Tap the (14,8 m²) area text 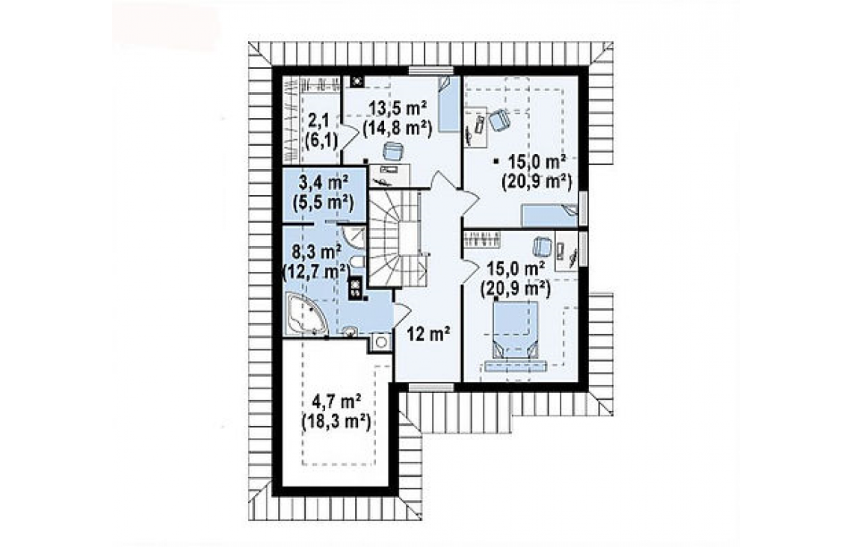coord(397,129)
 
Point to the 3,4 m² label coord(323,182)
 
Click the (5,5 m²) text coord(323,202)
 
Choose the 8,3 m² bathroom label coord(316,251)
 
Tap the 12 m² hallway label coord(429,333)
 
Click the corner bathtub coord(306,314)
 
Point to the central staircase coord(396,238)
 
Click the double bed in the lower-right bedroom coord(515,330)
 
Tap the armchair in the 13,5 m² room coord(393,152)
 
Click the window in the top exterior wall coord(431,69)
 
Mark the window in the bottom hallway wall coord(431,387)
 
